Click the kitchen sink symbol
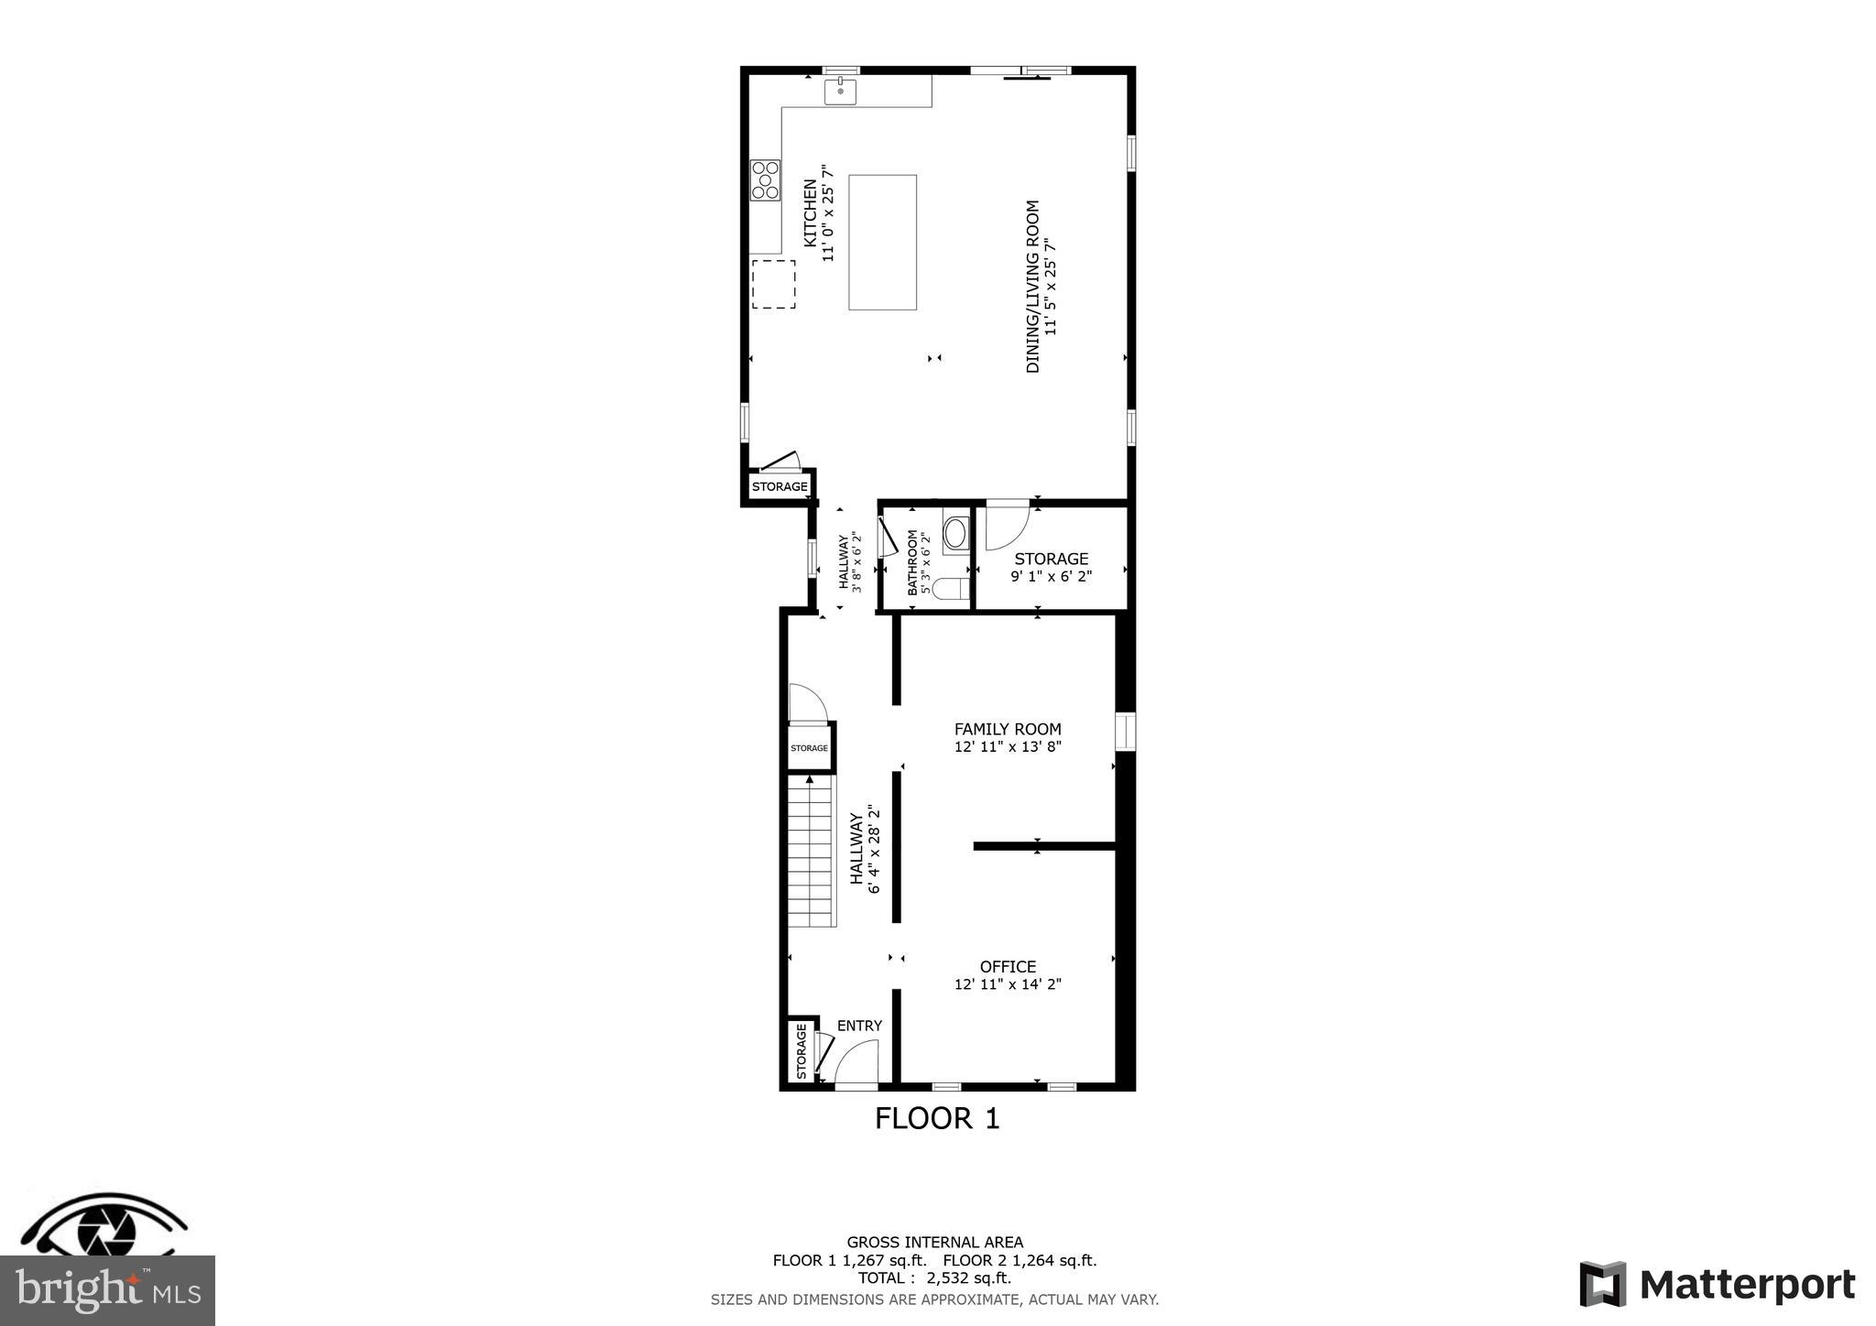(x=840, y=92)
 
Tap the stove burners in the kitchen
(x=765, y=179)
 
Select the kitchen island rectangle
(x=882, y=243)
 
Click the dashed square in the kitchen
(x=773, y=284)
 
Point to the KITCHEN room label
(x=811, y=212)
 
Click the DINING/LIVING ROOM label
(x=1033, y=287)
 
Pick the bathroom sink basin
(x=955, y=533)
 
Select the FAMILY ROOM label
(x=1008, y=729)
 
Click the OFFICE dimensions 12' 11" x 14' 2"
(x=1008, y=984)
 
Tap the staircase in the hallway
(x=812, y=852)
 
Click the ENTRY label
(x=859, y=1026)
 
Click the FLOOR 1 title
(x=937, y=1118)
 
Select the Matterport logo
(x=1718, y=1285)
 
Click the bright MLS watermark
(x=108, y=1291)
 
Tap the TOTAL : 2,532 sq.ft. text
(x=934, y=1278)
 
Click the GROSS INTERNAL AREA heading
(x=934, y=1243)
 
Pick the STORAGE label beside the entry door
(x=801, y=1050)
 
